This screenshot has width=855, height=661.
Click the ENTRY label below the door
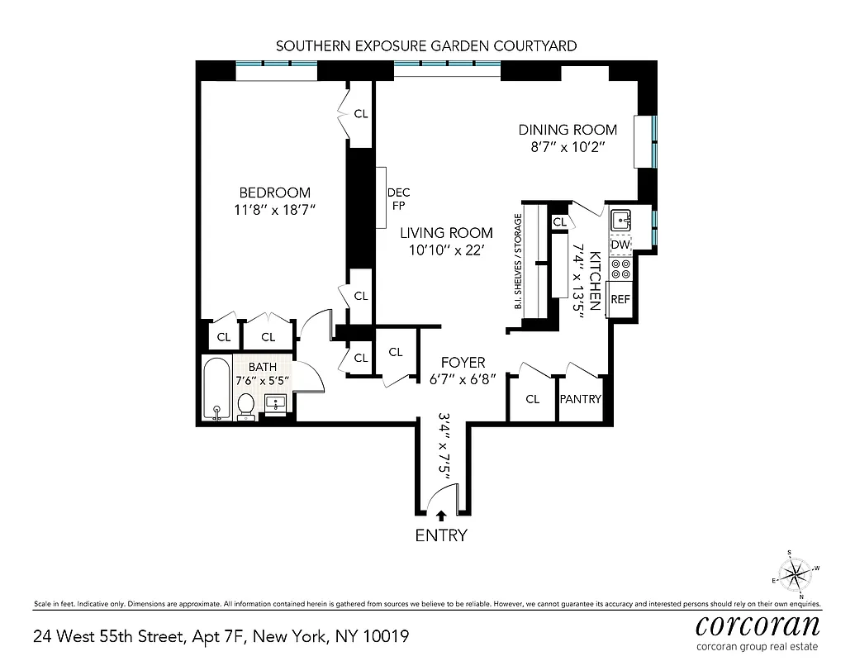pyautogui.click(x=440, y=535)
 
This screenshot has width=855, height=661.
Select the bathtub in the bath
pyautogui.click(x=216, y=388)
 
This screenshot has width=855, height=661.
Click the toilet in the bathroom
pyautogui.click(x=246, y=406)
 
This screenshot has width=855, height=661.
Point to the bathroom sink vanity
pyautogui.click(x=276, y=404)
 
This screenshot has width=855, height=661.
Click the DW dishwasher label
pyautogui.click(x=620, y=245)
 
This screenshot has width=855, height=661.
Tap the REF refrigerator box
pyautogui.click(x=620, y=300)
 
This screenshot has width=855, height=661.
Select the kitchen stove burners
pyautogui.click(x=620, y=269)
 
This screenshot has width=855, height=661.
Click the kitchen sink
pyautogui.click(x=620, y=221)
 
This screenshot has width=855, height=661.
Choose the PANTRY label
pyautogui.click(x=581, y=399)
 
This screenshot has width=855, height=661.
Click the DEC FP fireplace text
pyautogui.click(x=398, y=198)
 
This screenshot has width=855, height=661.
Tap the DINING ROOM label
pyautogui.click(x=568, y=130)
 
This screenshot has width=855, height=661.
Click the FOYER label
pyautogui.click(x=462, y=363)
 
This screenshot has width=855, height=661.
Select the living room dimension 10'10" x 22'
pyautogui.click(x=446, y=250)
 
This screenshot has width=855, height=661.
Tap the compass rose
pyautogui.click(x=795, y=573)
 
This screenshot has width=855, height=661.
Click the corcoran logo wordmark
pyautogui.click(x=758, y=624)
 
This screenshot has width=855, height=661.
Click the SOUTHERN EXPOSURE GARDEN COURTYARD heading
pyautogui.click(x=425, y=45)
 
